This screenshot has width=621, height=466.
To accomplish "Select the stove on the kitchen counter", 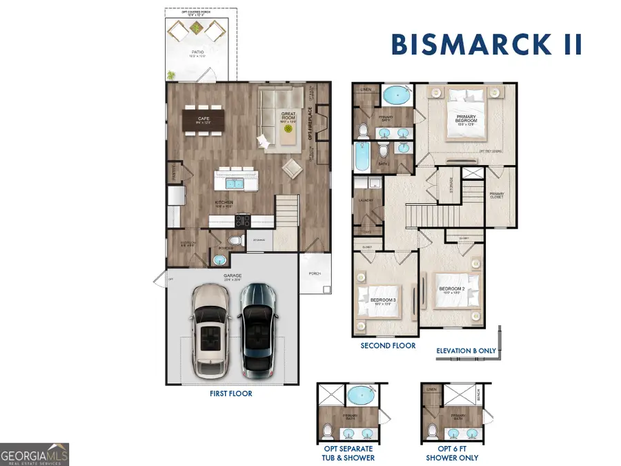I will pos(244,221).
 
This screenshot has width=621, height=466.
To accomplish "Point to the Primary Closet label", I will pos(497,195).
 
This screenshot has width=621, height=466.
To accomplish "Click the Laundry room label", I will pos(366,201).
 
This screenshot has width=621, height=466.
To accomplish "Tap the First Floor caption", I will pos(231,394).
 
